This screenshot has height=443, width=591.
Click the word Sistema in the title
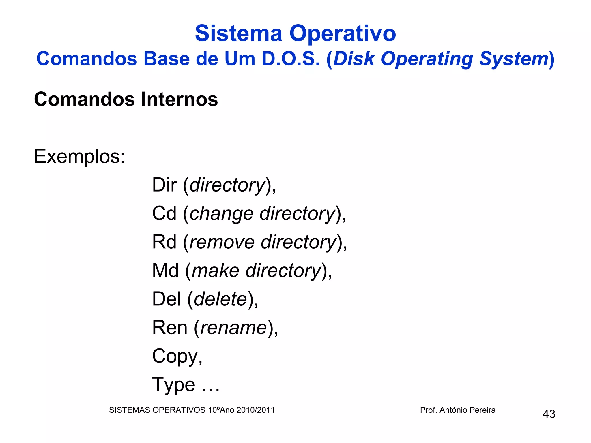click(238, 33)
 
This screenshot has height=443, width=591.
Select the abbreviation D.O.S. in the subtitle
click(291, 59)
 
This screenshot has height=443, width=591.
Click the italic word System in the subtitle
click(514, 59)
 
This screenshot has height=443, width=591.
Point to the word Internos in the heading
click(179, 99)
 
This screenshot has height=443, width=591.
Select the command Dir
click(164, 185)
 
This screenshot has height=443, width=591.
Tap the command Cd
click(164, 213)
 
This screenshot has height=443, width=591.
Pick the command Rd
click(164, 242)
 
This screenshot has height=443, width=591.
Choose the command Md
click(165, 270)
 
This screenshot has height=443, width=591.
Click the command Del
click(167, 299)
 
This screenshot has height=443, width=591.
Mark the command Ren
click(170, 327)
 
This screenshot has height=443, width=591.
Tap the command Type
click(174, 385)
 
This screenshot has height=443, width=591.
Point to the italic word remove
click(222, 242)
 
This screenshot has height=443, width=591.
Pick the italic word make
click(216, 271)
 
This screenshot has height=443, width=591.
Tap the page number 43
click(549, 414)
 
